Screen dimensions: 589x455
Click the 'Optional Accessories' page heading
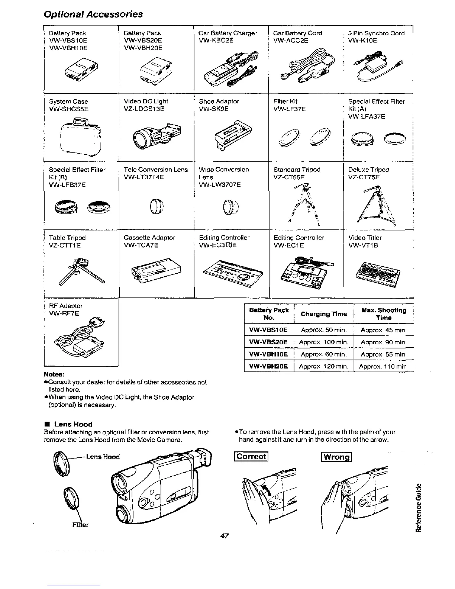[x=93, y=14]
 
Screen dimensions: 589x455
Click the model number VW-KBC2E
[x=216, y=41]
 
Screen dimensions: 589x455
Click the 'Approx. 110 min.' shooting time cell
[x=384, y=366]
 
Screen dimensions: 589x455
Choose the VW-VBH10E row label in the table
[x=268, y=354]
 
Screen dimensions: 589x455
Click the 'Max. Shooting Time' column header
[x=384, y=314]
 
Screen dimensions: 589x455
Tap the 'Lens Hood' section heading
[x=73, y=424]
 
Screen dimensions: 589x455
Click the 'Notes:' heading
[x=55, y=374]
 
